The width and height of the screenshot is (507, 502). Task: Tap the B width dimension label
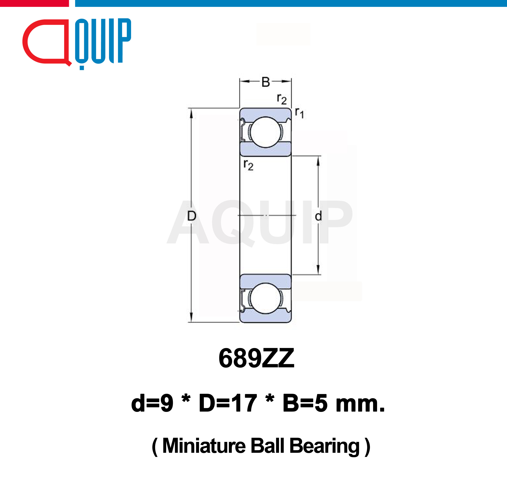(266, 82)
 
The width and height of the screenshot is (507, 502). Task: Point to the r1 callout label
(299, 113)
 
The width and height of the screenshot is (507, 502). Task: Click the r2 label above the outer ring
(282, 99)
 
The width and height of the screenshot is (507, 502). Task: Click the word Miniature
(204, 446)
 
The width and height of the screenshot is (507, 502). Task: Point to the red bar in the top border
(34, 3)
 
